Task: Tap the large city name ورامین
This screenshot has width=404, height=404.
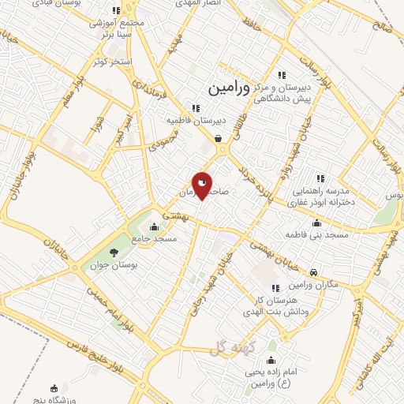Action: tap(229, 89)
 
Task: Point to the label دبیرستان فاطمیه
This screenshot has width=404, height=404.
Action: tap(195, 120)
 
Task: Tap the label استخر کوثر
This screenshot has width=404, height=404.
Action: tap(110, 61)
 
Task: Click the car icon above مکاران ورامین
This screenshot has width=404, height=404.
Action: tap(314, 272)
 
